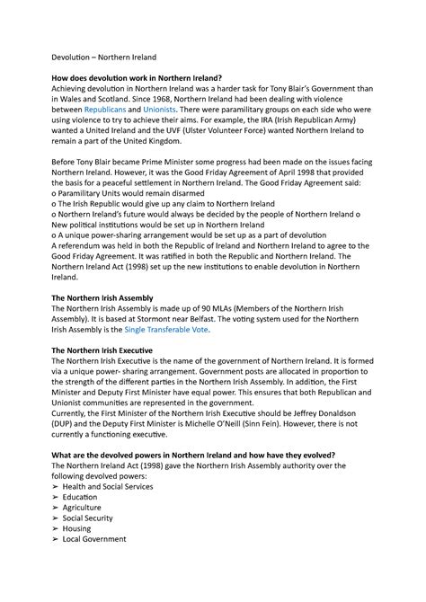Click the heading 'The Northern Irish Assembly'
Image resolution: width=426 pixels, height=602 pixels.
114,297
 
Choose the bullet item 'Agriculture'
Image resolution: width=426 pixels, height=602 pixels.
87,508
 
